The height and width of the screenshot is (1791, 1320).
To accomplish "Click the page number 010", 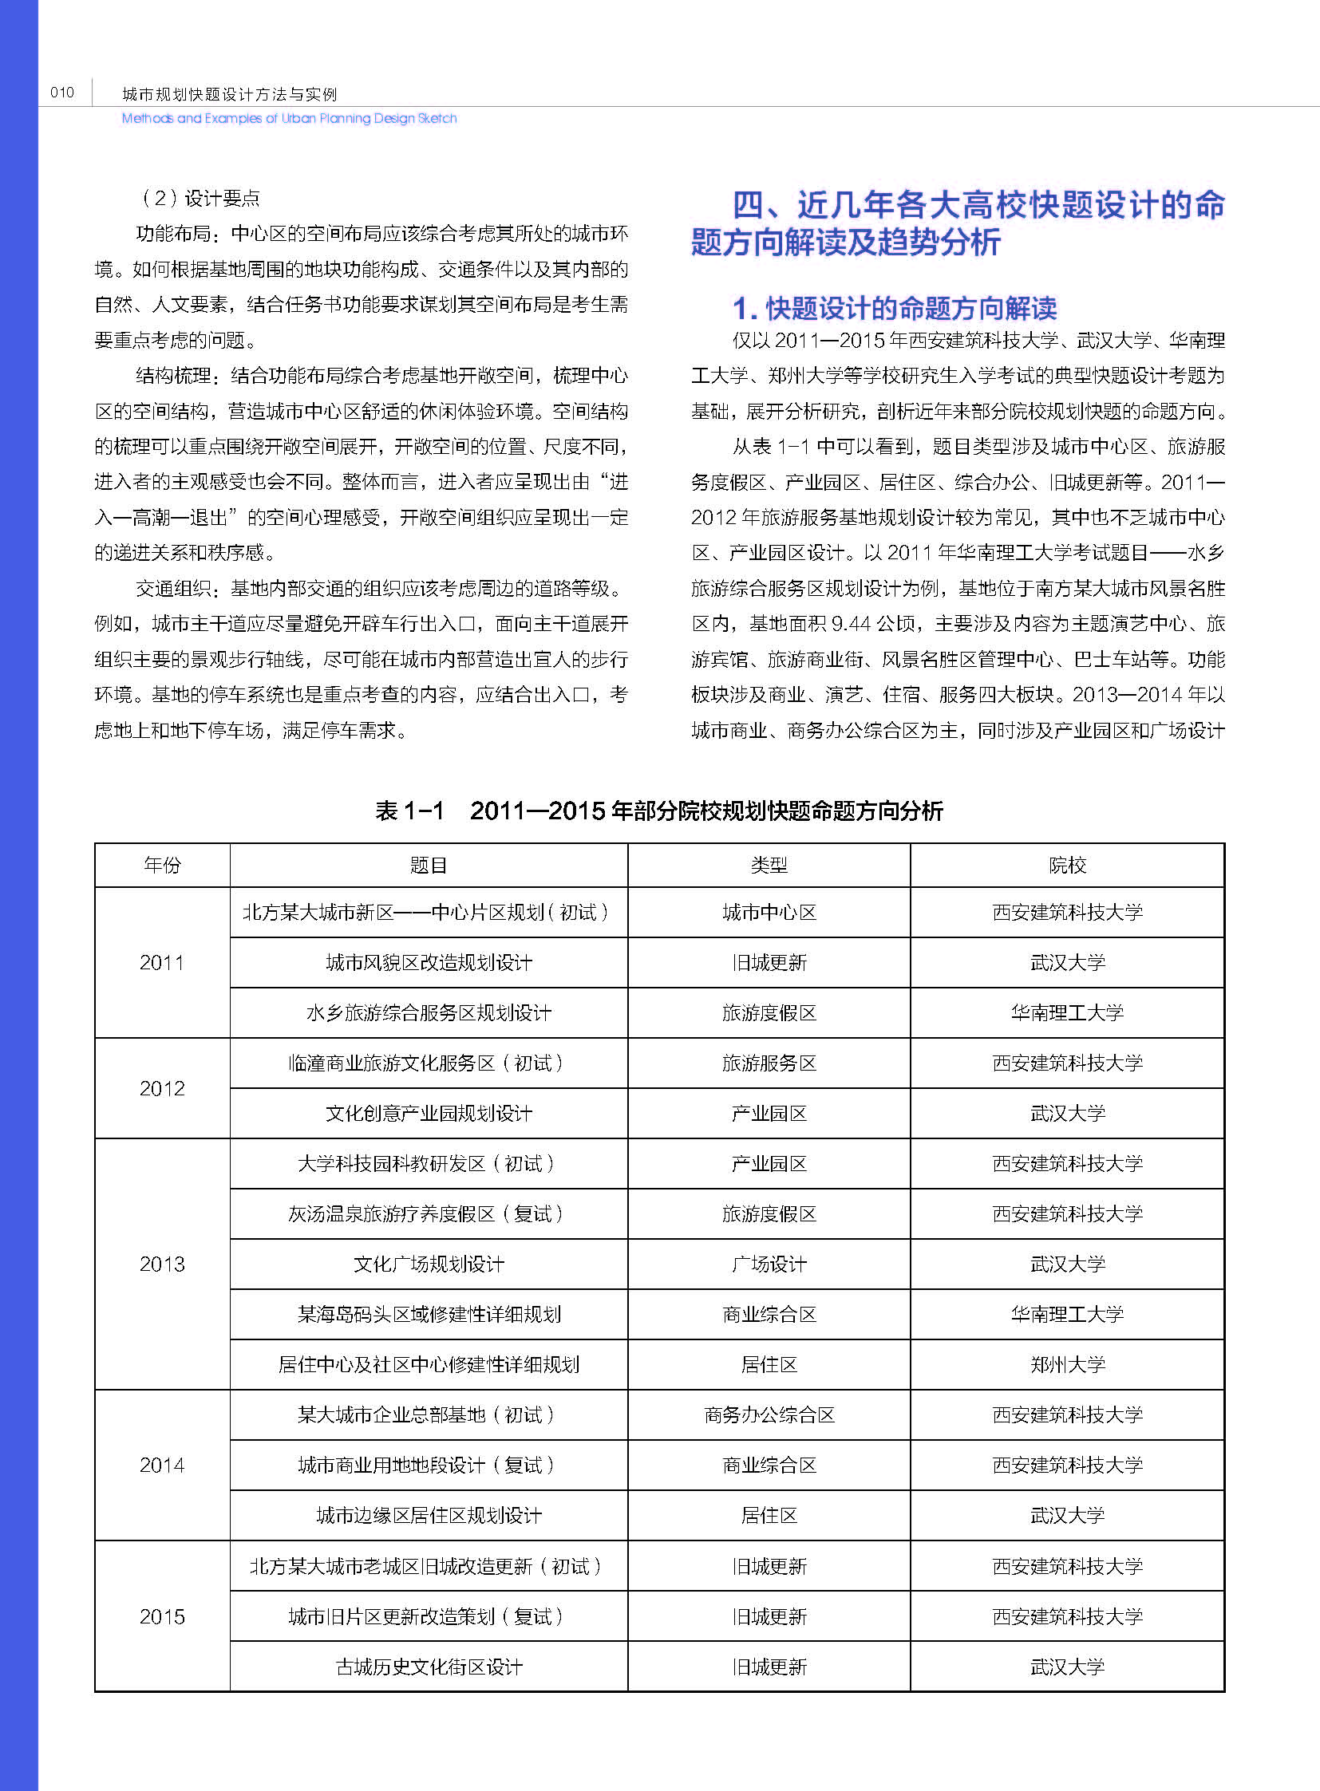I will (61, 93).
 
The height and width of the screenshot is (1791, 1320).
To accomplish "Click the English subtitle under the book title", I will (289, 118).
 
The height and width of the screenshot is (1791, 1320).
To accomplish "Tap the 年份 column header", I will (162, 865).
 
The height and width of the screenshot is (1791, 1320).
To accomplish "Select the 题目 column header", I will (429, 865).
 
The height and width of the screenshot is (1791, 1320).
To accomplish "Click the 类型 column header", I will (769, 865).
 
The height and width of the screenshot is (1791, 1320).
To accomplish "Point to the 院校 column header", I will (1067, 865).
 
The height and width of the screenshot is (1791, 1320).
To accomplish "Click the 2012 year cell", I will (162, 1088).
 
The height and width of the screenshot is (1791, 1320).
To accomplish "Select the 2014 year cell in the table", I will (162, 1465).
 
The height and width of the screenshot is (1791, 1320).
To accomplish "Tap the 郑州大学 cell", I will (1067, 1364).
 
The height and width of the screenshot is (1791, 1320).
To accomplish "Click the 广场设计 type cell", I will (769, 1264).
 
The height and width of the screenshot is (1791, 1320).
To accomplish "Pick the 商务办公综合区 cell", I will (769, 1414).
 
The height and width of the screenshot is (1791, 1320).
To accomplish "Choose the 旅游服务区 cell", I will (769, 1063).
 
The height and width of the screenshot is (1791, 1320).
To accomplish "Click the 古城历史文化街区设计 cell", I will (429, 1667).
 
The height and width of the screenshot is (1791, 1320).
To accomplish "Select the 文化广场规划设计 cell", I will (429, 1264).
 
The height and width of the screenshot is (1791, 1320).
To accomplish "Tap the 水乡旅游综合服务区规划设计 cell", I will (429, 1013).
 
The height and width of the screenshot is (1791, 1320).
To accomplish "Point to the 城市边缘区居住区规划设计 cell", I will (429, 1516).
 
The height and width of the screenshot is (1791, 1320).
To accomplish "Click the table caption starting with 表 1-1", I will (659, 811).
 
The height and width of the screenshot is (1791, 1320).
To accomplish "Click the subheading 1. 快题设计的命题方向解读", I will (895, 308).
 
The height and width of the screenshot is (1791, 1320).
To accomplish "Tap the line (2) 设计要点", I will (200, 198).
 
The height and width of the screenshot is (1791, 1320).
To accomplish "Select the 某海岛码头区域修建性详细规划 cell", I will (429, 1314).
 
